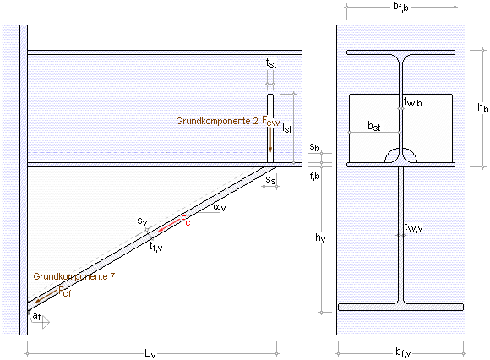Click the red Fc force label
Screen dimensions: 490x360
click(x=186, y=221)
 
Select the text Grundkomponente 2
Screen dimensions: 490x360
click(x=217, y=121)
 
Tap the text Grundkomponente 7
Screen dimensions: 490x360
click(x=74, y=276)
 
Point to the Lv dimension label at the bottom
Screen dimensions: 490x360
click(x=150, y=353)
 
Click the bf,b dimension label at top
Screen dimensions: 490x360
click(x=400, y=7)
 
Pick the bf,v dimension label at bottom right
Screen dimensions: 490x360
click(x=403, y=352)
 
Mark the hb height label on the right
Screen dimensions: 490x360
click(x=482, y=108)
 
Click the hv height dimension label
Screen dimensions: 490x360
click(x=320, y=237)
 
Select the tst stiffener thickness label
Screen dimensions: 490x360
click(x=271, y=63)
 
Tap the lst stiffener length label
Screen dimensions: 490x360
click(x=287, y=128)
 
